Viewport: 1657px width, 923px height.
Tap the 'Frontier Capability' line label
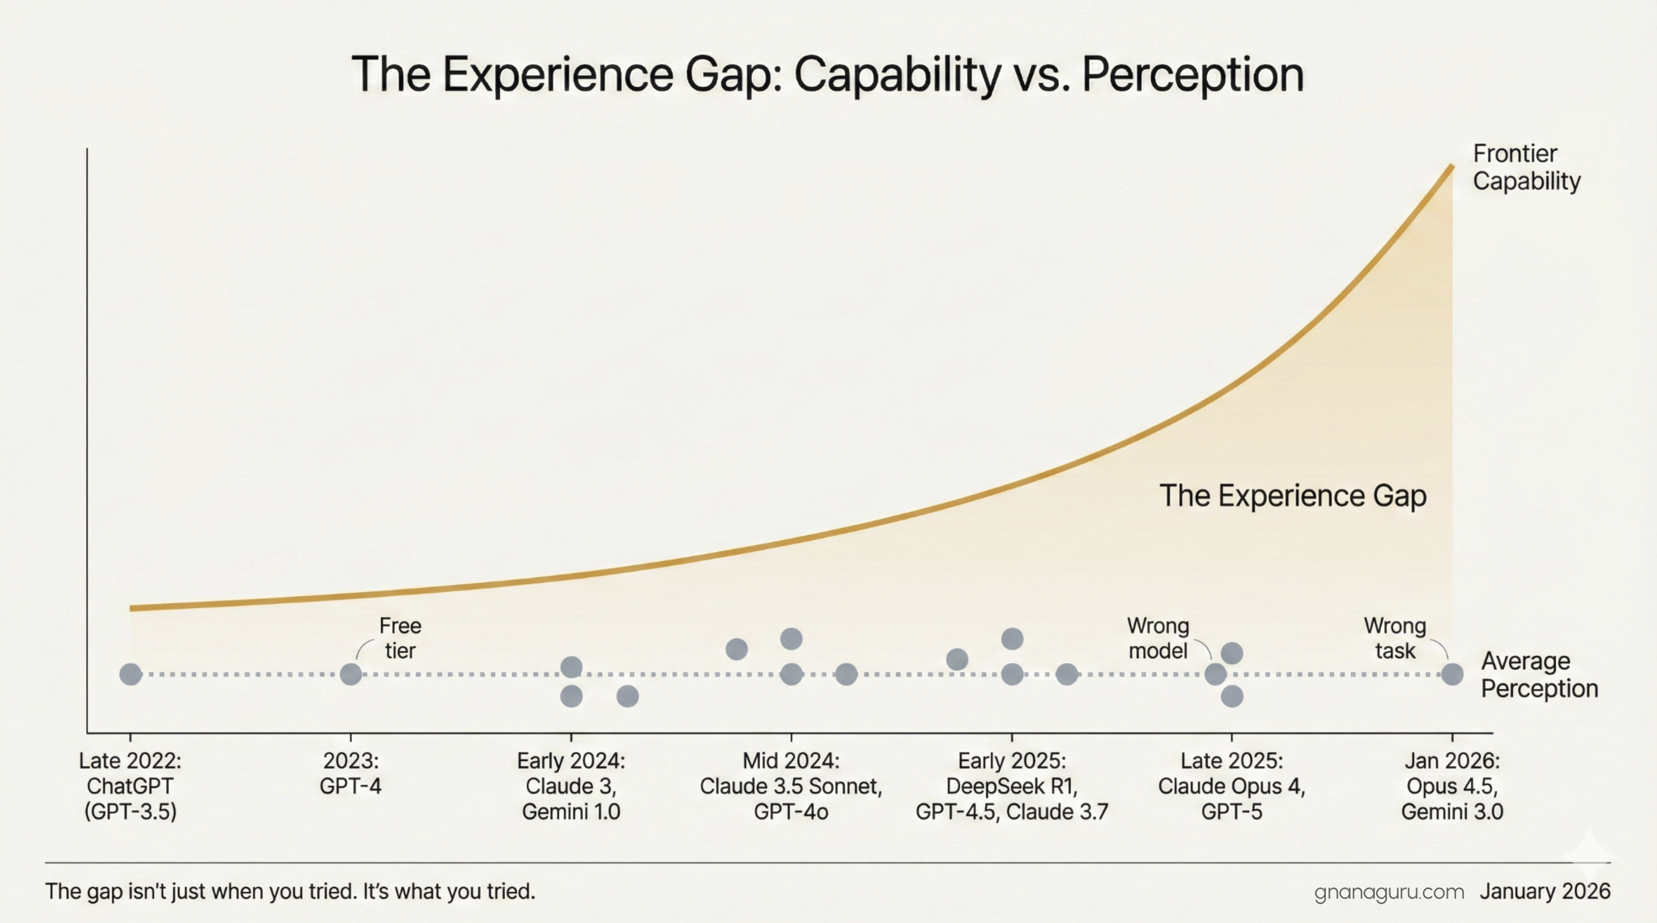[x=1526, y=167]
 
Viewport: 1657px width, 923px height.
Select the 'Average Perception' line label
[x=1539, y=675]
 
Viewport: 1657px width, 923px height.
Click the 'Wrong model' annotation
[x=1158, y=638]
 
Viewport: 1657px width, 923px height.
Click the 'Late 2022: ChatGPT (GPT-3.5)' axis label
[x=131, y=786]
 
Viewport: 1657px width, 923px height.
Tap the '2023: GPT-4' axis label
[x=351, y=773]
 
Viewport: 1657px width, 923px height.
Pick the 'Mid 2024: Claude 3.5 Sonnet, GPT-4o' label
[x=791, y=786]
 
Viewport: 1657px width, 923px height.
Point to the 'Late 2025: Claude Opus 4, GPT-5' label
[x=1232, y=786]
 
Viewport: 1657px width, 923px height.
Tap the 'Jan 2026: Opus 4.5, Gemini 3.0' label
[x=1452, y=786]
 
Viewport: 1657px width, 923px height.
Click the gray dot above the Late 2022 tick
[x=131, y=675]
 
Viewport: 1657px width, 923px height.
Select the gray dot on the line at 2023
[x=351, y=675]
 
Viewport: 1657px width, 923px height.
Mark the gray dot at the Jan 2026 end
[x=1452, y=675]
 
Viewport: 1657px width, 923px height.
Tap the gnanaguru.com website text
[x=1389, y=892]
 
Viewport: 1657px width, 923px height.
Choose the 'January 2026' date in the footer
[x=1545, y=892]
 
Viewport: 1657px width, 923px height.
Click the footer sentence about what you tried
[x=290, y=892]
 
